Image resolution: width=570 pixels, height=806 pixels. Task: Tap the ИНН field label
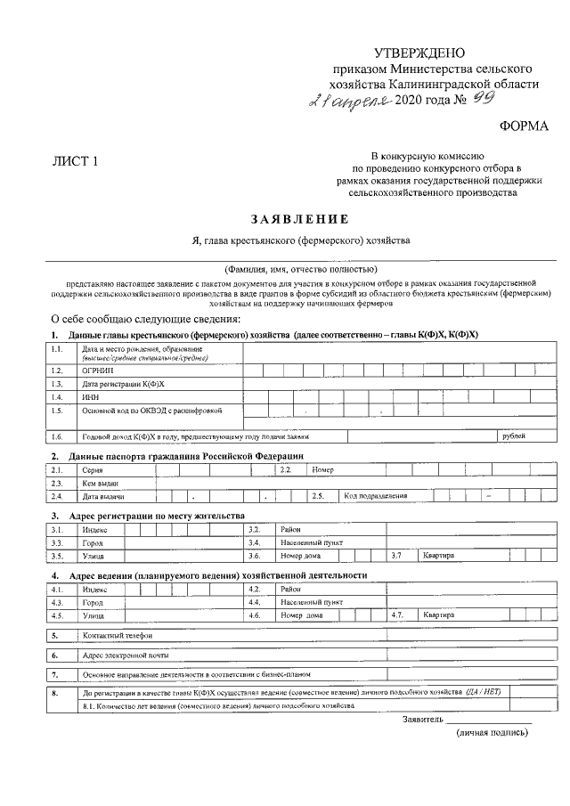(89, 396)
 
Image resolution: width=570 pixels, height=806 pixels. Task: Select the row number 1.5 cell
(58, 411)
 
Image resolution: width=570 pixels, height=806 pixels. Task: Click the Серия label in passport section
(93, 469)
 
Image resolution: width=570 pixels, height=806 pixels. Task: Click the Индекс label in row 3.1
(94, 529)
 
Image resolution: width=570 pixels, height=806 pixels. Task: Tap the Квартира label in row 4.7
(439, 615)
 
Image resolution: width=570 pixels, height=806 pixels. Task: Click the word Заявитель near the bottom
(422, 718)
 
